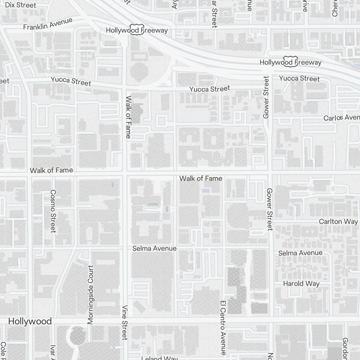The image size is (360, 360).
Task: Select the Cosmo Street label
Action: pyautogui.click(x=53, y=211)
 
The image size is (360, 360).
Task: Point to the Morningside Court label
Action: pyautogui.click(x=90, y=294)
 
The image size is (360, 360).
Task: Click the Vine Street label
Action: pyautogui.click(x=125, y=323)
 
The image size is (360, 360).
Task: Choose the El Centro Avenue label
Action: pyautogui.click(x=223, y=328)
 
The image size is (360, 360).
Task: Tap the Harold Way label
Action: pyautogui.click(x=301, y=283)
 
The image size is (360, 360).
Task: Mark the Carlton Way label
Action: pyautogui.click(x=338, y=221)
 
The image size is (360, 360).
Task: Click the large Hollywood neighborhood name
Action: pyautogui.click(x=30, y=321)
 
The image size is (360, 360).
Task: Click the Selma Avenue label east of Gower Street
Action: pyautogui.click(x=300, y=253)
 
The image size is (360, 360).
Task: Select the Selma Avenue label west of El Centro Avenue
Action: pyautogui.click(x=154, y=248)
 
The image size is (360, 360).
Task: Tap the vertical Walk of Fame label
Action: pyautogui.click(x=128, y=117)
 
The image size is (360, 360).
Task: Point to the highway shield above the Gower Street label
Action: pyautogui.click(x=290, y=61)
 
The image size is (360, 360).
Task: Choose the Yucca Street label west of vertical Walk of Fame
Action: pyautogui.click(x=71, y=81)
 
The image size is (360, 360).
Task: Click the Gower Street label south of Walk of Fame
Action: pyautogui.click(x=270, y=209)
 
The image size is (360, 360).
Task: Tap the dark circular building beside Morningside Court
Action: pyautogui.click(x=77, y=336)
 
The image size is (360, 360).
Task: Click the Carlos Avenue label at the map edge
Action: pyautogui.click(x=341, y=118)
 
